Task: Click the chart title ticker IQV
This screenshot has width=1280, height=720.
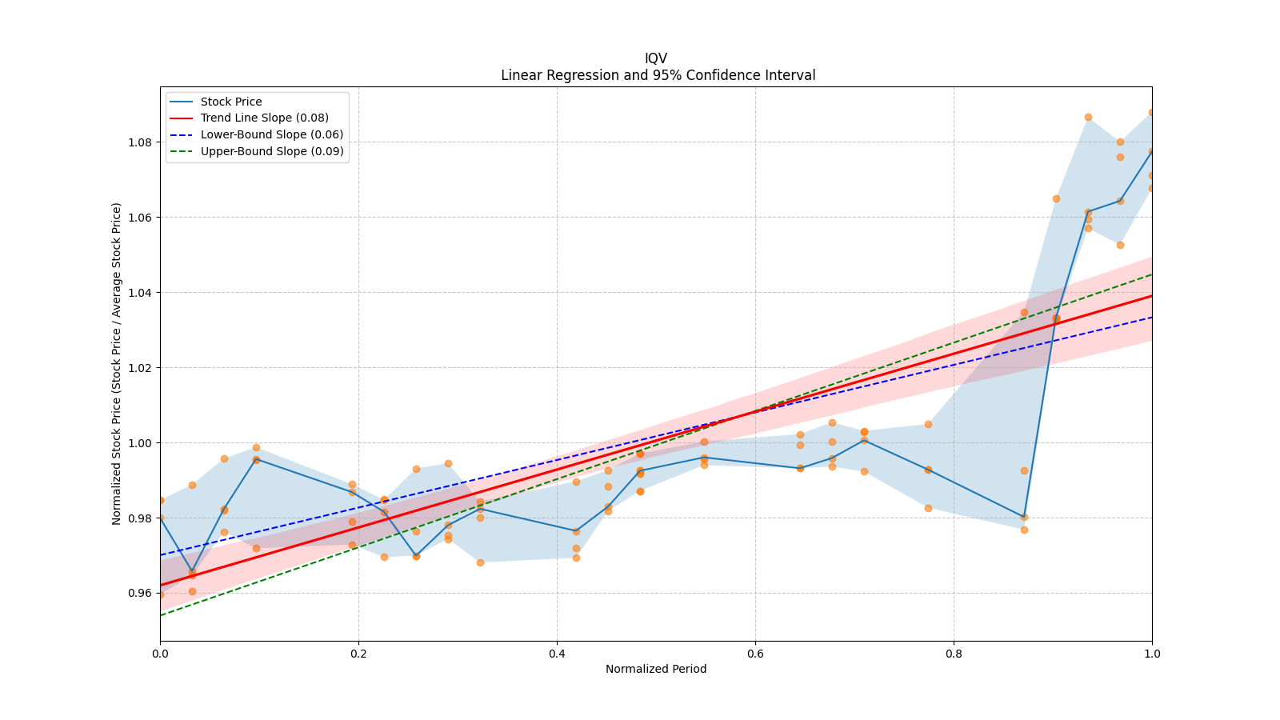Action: (x=656, y=58)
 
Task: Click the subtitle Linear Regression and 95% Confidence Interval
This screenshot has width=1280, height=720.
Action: (x=658, y=75)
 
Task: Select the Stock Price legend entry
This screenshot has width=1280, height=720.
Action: (x=231, y=102)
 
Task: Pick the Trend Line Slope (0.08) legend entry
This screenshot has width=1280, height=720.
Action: (x=264, y=118)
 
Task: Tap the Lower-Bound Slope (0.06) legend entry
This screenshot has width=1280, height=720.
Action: (x=271, y=134)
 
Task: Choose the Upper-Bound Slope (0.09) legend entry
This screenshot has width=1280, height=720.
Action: (x=272, y=151)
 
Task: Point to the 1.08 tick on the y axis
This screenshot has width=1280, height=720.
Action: (x=141, y=142)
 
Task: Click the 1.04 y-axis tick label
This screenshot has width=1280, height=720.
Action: (x=141, y=293)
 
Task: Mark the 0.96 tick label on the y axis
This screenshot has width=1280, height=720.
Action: (x=141, y=594)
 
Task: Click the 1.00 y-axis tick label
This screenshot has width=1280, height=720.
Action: (x=141, y=443)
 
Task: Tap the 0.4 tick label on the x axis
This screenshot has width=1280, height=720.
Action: (x=557, y=654)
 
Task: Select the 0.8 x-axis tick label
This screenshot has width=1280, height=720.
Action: (x=954, y=654)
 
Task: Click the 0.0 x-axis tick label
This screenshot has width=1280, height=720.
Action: (x=160, y=654)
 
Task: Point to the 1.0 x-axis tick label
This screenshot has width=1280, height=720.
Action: (x=1152, y=654)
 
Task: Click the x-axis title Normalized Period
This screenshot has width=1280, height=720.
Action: (x=656, y=669)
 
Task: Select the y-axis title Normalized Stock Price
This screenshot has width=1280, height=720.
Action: (x=117, y=363)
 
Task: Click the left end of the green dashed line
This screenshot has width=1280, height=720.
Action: (x=161, y=615)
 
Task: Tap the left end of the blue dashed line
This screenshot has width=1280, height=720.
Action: (x=161, y=555)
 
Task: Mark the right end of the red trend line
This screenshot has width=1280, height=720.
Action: (x=1151, y=296)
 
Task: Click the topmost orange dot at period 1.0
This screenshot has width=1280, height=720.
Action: (x=1151, y=113)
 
